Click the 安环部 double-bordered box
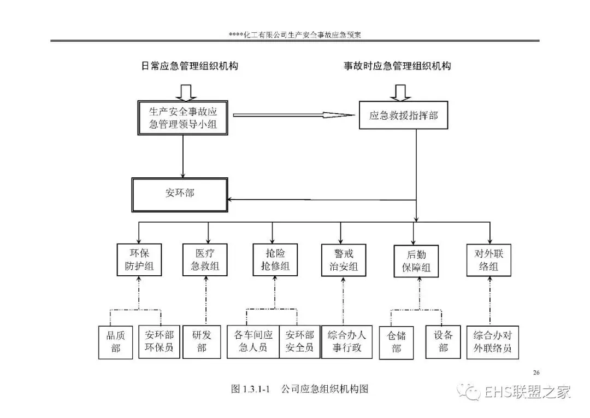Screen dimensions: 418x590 [x=180, y=193]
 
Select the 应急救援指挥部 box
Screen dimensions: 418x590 [x=403, y=115]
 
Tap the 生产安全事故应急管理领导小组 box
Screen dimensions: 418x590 [x=183, y=118]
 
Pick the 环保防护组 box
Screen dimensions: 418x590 [x=139, y=260]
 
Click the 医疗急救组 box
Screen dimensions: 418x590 [x=204, y=260]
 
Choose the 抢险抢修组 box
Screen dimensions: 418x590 [x=275, y=260]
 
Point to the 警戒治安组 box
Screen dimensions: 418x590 [x=343, y=260]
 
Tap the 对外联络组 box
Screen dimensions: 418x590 [x=489, y=260]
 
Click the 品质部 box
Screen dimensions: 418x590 [x=116, y=342]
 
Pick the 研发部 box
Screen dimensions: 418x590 [x=202, y=342]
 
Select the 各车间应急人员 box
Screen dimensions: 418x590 [x=253, y=342]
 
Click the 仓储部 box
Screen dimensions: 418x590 [x=396, y=342]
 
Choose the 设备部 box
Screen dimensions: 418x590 [x=443, y=342]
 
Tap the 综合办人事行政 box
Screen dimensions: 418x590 [x=347, y=342]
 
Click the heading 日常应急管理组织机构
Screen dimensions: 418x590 [x=190, y=66]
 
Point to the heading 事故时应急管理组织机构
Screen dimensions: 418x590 [x=397, y=66]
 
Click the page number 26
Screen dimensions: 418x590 [x=536, y=373]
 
